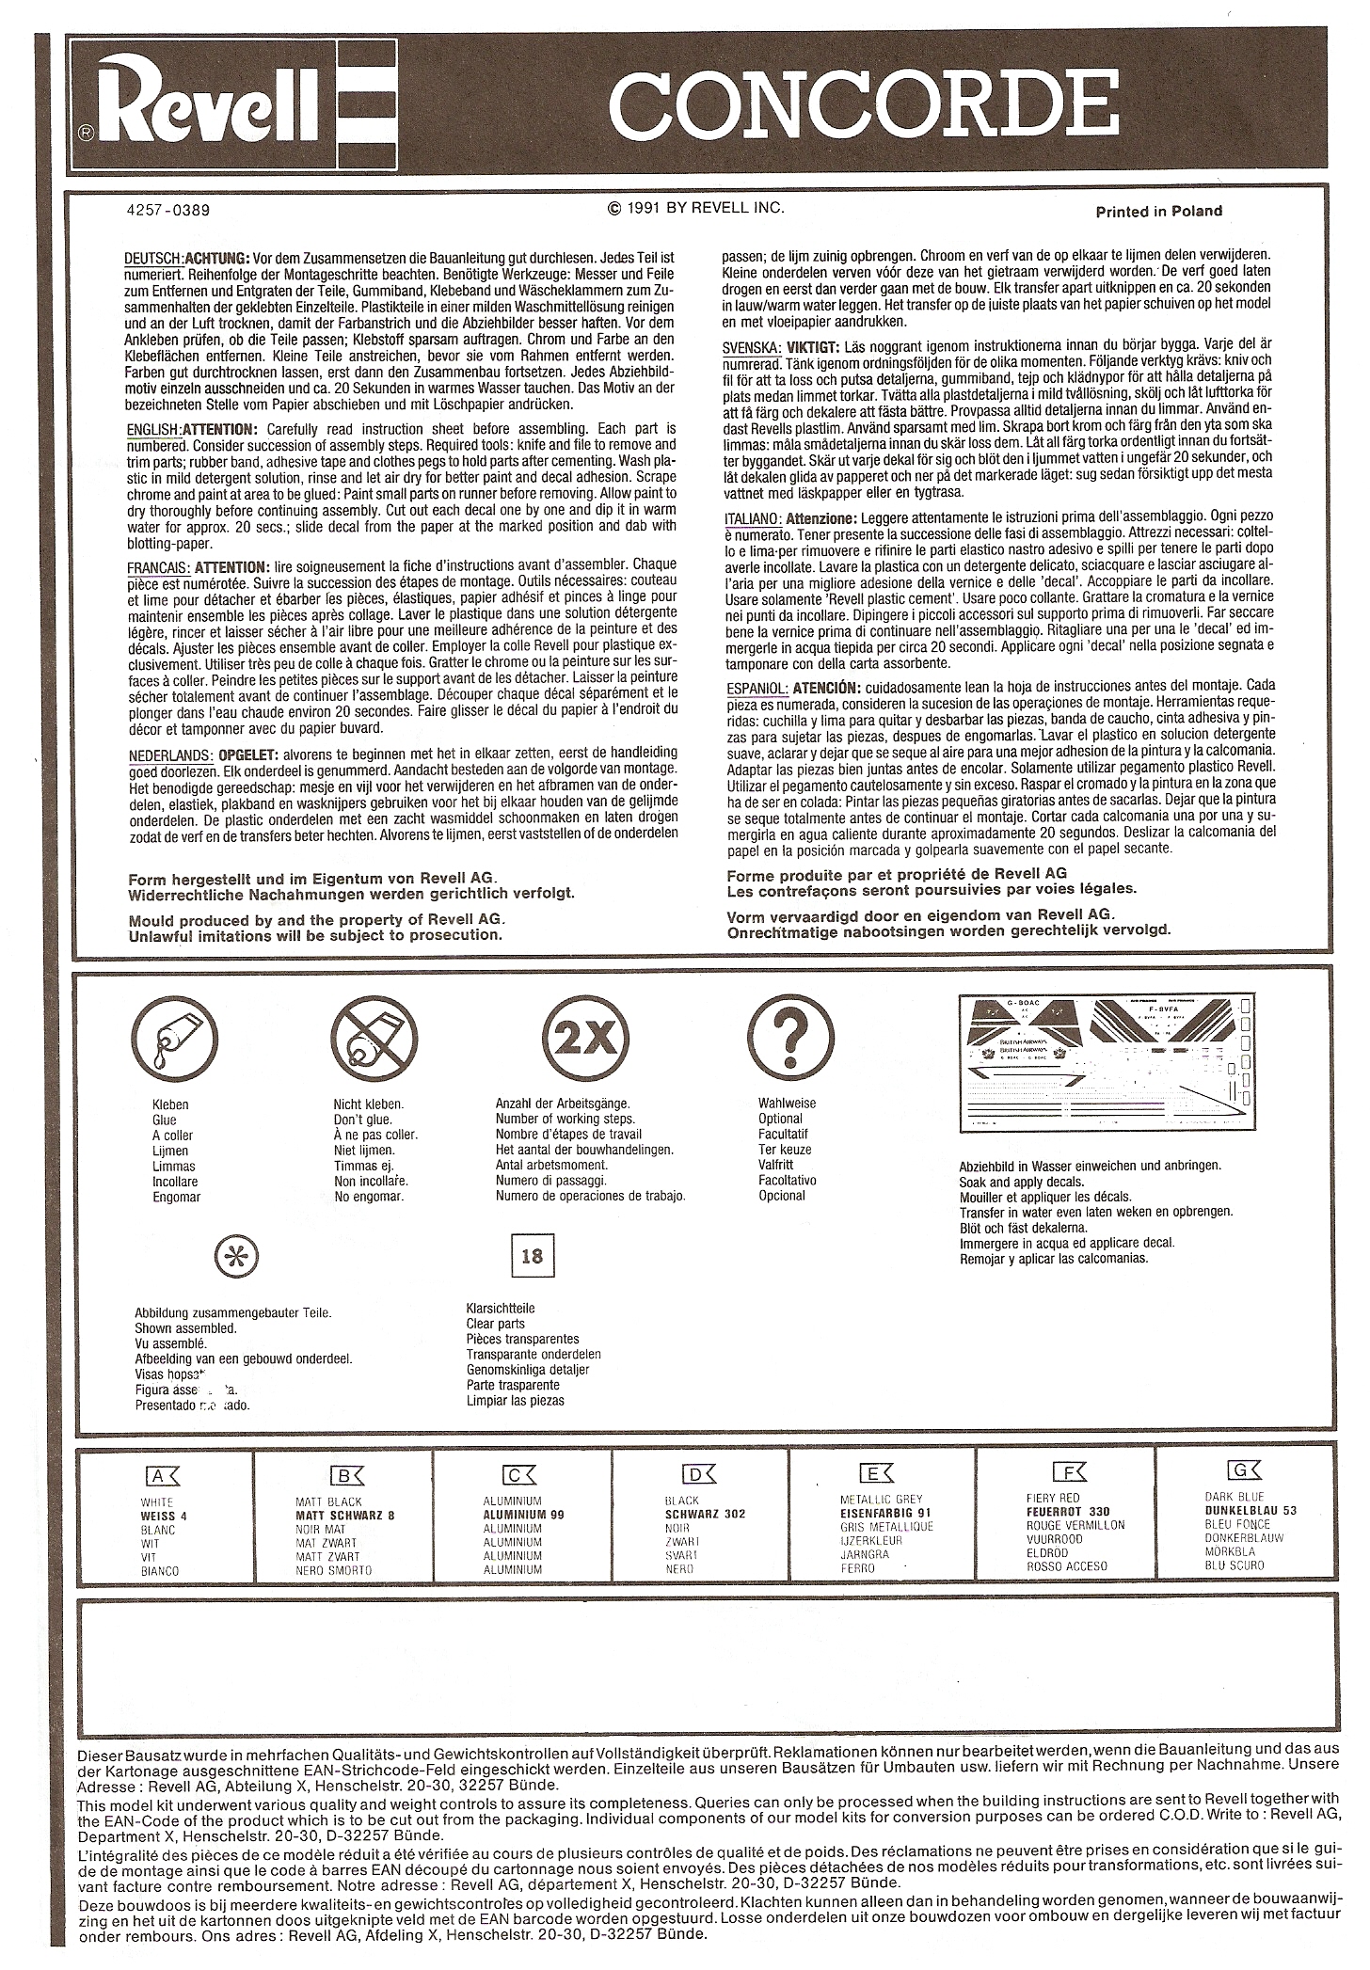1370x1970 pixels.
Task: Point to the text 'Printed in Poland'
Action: [x=1158, y=212]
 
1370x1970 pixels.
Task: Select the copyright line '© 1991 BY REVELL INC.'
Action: [x=696, y=208]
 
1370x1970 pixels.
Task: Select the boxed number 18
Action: [x=531, y=1255]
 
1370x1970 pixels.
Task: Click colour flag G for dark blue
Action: [x=1239, y=1470]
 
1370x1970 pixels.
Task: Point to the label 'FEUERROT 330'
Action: [x=1068, y=1512]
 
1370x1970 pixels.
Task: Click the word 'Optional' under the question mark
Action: [x=780, y=1119]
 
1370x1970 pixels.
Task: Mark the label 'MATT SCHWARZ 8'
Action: [x=345, y=1516]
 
